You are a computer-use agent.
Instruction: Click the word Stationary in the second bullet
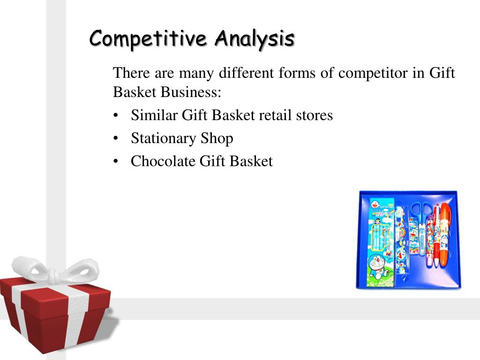pos(163,138)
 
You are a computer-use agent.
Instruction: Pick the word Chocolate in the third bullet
pos(163,162)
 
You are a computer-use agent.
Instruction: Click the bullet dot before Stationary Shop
pos(116,139)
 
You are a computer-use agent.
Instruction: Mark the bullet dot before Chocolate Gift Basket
pos(116,162)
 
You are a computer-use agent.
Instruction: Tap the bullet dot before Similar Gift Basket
pos(116,115)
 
